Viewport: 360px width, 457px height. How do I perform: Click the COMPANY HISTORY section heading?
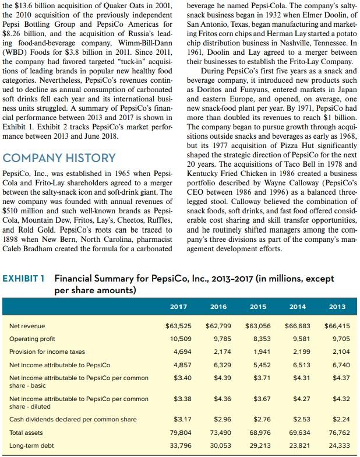click(59, 157)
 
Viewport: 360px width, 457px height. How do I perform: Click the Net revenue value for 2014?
click(296, 326)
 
